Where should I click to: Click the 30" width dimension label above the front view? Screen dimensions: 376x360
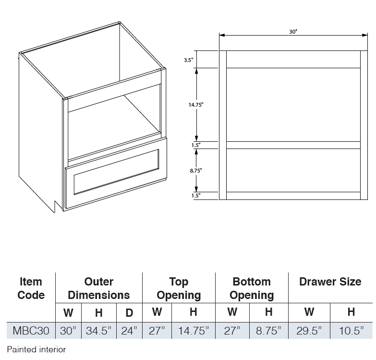click(x=293, y=32)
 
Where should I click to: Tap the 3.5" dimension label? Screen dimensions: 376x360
click(x=189, y=60)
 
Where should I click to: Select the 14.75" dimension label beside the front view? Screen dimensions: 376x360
click(x=196, y=105)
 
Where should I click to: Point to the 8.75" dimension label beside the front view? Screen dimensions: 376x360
click(x=196, y=171)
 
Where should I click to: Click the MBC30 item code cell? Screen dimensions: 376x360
click(x=31, y=331)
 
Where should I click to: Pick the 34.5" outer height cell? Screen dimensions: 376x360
click(x=99, y=331)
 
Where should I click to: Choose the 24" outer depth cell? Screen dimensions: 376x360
click(x=129, y=331)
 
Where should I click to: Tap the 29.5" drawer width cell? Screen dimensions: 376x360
click(x=309, y=331)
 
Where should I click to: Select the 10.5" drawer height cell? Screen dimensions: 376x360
click(x=352, y=331)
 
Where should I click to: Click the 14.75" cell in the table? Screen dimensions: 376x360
click(x=194, y=331)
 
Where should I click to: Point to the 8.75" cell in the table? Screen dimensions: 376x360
click(x=268, y=331)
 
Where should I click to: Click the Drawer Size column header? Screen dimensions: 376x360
click(x=330, y=282)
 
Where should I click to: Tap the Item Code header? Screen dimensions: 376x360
click(x=31, y=288)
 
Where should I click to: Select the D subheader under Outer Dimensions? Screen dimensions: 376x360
click(x=129, y=313)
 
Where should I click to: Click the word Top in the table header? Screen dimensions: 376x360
click(x=179, y=282)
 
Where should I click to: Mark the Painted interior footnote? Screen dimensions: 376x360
click(x=36, y=349)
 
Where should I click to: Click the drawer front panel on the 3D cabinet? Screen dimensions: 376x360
click(x=116, y=174)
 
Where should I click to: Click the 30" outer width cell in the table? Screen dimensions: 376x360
click(x=68, y=331)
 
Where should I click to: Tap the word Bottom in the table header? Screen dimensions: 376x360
click(x=252, y=282)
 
